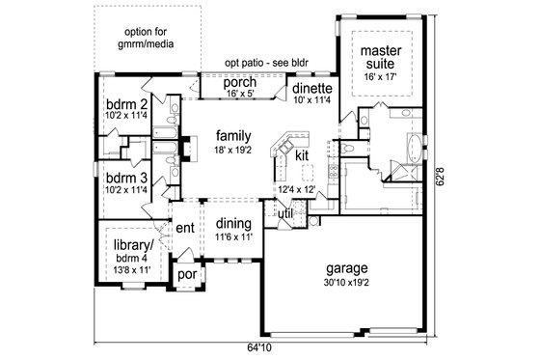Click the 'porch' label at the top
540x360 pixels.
click(x=238, y=82)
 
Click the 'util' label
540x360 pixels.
click(x=285, y=213)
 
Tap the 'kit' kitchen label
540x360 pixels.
click(x=301, y=154)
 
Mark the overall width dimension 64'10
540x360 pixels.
click(x=259, y=348)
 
